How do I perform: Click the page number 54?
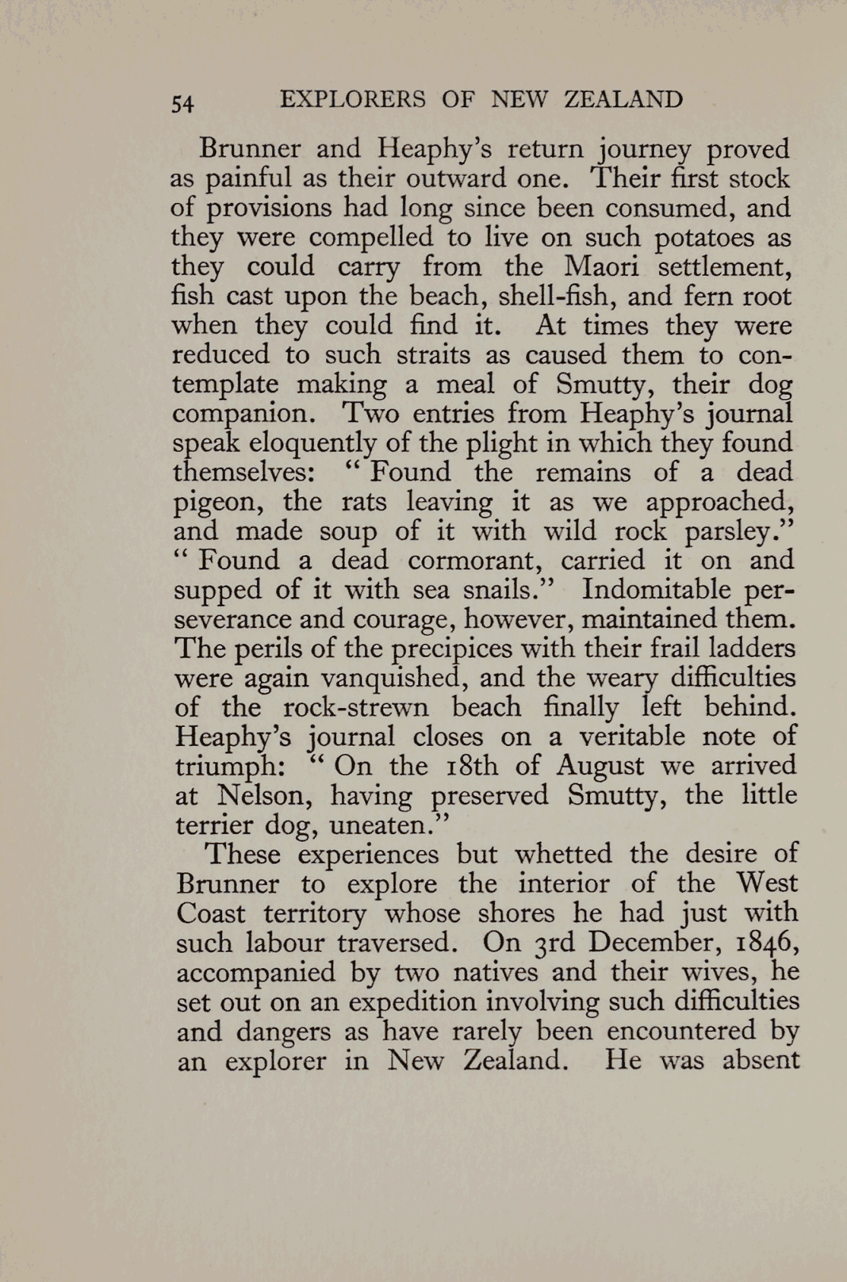(x=183, y=103)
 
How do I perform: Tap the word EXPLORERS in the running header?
(x=353, y=100)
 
